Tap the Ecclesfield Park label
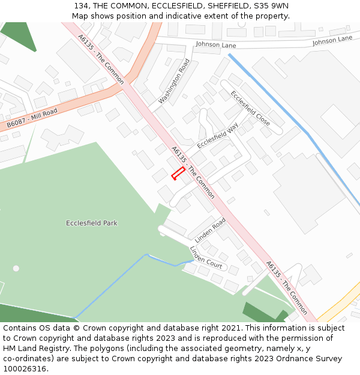91,223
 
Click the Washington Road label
174,81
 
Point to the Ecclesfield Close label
250,108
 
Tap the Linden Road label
210,230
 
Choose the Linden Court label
206,257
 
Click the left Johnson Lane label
216,45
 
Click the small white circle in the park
16,268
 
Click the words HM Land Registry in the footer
35,348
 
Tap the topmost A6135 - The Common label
100,58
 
